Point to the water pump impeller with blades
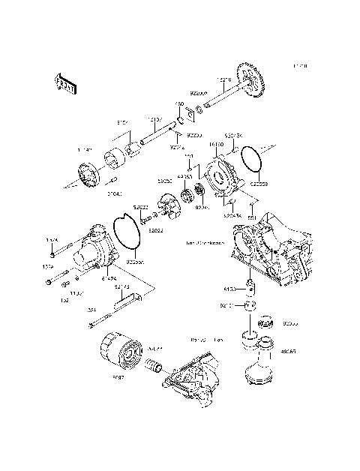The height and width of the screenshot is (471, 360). point(172,205)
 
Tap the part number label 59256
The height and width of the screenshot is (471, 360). point(165,181)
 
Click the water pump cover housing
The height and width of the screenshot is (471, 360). point(94,245)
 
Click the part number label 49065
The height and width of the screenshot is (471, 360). point(288,351)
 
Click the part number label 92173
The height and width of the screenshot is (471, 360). point(122,287)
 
